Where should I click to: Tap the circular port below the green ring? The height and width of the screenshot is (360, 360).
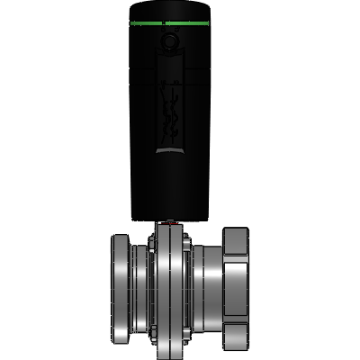168,40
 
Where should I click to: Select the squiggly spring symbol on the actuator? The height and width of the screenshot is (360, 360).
168,108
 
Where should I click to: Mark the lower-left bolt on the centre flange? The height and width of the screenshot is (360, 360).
154,333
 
